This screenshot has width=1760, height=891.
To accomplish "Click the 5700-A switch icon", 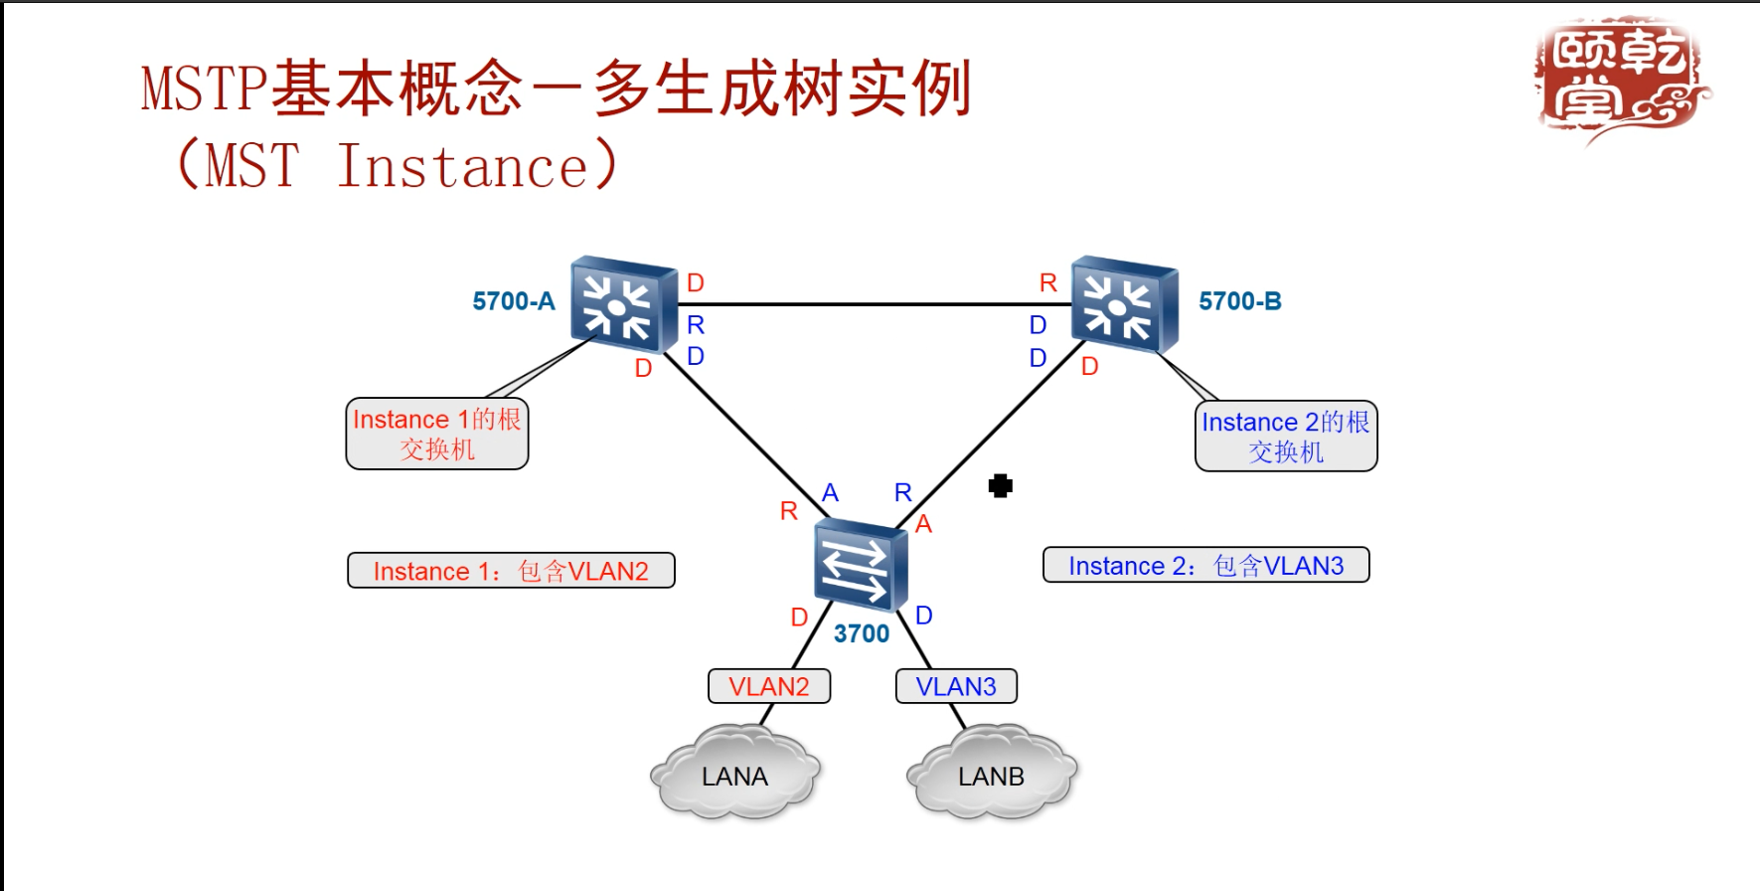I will coord(623,305).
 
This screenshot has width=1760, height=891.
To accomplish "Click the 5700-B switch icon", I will coord(1124,304).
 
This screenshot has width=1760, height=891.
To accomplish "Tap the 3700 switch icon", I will coord(860,564).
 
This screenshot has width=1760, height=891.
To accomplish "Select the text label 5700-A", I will coord(513,301).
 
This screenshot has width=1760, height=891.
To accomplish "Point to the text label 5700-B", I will coord(1239,301).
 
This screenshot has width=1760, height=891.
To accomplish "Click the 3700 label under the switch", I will coord(861,634).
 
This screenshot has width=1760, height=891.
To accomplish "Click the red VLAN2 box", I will coord(768,686).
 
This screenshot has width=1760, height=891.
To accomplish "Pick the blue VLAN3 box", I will coord(955,686).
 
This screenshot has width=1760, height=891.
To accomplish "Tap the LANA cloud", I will coord(734,775).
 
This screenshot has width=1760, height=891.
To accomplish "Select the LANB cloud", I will coord(991,775).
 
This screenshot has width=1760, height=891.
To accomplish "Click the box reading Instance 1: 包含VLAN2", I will coord(511,571).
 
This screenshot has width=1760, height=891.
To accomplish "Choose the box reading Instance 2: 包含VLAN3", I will coord(1205,565).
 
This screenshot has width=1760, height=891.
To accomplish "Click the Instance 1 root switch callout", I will coord(436,434).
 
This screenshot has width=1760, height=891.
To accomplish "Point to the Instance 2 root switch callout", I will coord(1285,436).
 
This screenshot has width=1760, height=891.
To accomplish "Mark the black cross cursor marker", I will coord(1001,485).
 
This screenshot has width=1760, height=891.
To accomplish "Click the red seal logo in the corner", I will coord(1619,80).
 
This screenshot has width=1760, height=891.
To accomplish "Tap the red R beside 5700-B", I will coord(1047,283).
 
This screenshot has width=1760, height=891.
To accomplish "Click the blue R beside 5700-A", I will coord(696,325).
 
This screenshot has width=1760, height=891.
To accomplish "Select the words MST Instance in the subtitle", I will coord(398,166).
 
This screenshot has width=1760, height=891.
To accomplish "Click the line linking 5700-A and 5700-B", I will coord(875,304).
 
